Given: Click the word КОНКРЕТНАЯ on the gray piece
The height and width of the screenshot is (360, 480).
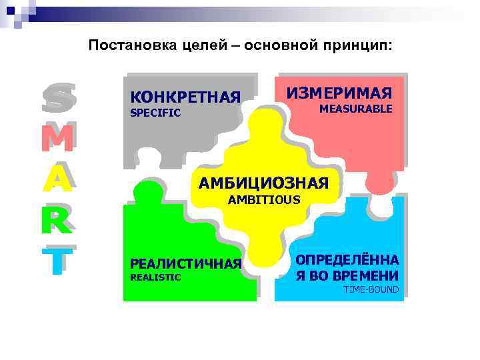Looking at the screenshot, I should click(x=185, y=98).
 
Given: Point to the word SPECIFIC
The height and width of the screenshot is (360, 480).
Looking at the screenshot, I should click(x=155, y=113).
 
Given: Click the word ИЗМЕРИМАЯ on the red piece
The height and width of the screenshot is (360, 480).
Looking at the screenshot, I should click(x=339, y=93).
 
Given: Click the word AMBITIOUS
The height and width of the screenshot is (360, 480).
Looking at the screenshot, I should click(x=264, y=199).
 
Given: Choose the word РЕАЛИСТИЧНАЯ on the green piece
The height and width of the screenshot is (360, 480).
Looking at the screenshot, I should click(x=186, y=264).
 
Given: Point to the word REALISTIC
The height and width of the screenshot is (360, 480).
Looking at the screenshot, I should click(x=155, y=277).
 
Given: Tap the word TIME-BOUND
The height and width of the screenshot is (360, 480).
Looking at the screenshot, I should click(x=371, y=289).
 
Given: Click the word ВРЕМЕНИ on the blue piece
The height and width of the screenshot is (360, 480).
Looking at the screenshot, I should click(x=368, y=275).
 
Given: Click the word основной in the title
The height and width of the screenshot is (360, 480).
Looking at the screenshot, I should click(x=281, y=46).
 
